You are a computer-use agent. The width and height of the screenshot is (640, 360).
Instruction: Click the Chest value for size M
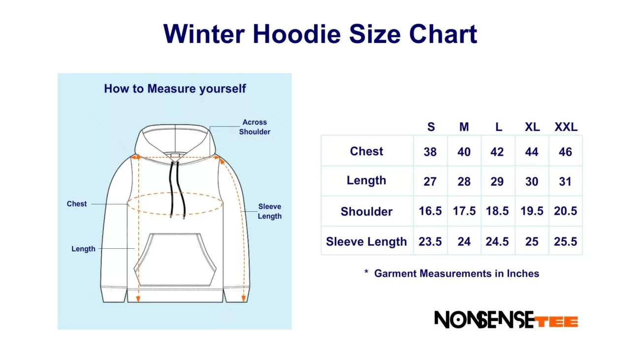pos(464,152)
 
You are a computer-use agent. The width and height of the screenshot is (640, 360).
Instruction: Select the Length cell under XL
pos(532,182)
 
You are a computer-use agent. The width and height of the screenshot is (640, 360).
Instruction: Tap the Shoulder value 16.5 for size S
pos(430,211)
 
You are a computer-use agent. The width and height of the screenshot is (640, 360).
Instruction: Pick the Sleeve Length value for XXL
pos(565,242)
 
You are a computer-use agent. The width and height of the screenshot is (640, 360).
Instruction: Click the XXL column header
pos(566,127)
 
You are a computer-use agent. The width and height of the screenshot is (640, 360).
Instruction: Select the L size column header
pos(498,127)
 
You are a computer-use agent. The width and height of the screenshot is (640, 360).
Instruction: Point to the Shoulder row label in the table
pos(366,212)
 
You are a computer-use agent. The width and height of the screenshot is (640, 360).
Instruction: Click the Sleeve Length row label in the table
pos(366,242)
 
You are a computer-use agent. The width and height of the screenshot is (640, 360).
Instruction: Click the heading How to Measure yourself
pos(175,89)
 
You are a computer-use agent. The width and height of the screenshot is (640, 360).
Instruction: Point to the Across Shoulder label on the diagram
pos(255,127)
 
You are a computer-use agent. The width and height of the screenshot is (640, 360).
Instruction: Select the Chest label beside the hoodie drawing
pos(77,204)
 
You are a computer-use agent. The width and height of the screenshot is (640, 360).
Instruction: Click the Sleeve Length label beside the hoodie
pos(269,211)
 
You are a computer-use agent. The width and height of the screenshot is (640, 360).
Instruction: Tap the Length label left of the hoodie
pos(83,249)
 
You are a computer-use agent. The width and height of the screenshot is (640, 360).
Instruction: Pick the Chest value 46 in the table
pos(565,152)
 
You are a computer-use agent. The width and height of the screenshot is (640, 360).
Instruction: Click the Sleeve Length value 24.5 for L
pos(497,242)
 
